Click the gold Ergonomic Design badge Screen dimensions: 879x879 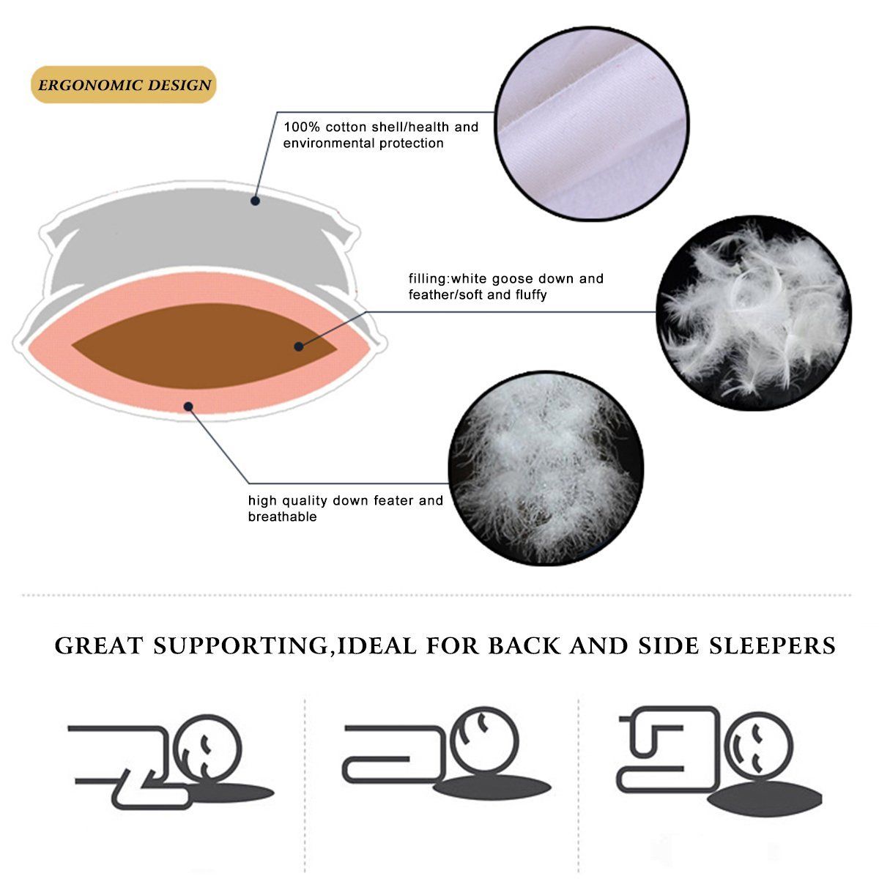pos(124,85)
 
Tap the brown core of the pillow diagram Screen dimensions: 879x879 pos(204,346)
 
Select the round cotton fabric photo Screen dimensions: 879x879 pos(592,124)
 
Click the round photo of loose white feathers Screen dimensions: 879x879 pos(754,313)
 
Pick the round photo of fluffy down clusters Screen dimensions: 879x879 pos(546,469)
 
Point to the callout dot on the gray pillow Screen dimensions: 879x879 pos(256,201)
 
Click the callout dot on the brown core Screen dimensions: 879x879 pos(299,346)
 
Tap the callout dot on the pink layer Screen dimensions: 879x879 pos(188,407)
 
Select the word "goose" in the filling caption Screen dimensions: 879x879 pos(513,278)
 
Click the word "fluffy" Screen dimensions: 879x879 pos(531,295)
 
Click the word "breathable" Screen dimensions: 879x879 pos(282,516)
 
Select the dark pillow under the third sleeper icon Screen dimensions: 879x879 pos(765,798)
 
